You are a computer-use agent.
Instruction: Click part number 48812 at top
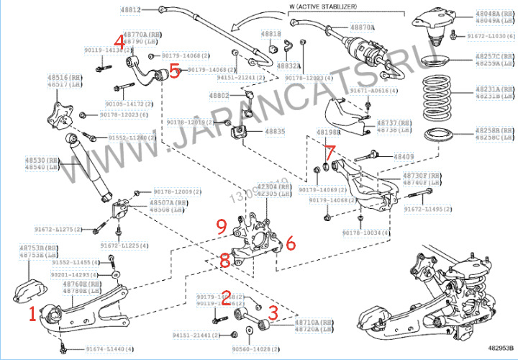coord(128,10)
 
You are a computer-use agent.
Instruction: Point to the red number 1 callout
coord(32,315)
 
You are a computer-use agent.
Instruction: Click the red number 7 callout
coord(329,153)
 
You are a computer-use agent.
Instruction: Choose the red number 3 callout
coord(273,311)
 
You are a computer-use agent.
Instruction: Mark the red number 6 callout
coord(288,243)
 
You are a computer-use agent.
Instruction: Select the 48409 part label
coord(404,156)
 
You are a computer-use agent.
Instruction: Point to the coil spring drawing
coord(437,94)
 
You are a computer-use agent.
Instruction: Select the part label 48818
coord(271,34)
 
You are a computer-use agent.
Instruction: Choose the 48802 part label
coord(219,95)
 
